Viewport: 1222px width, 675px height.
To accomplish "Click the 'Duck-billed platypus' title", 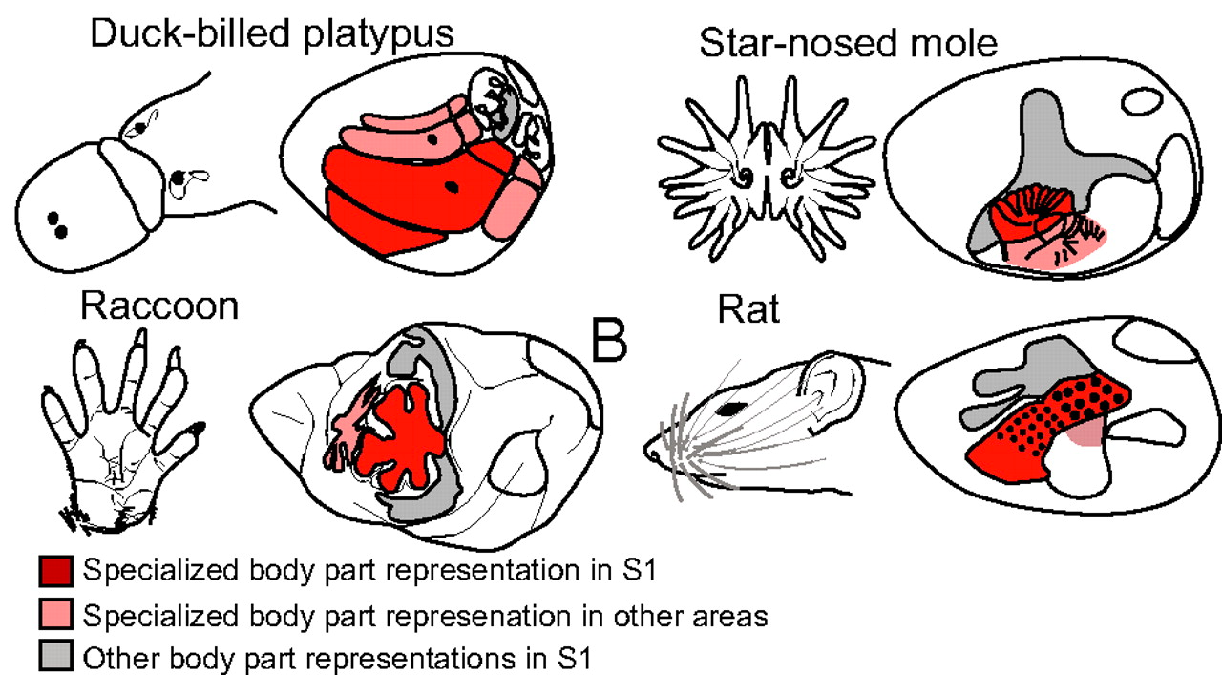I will (x=271, y=34).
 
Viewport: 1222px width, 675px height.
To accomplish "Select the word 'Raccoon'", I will (x=159, y=306).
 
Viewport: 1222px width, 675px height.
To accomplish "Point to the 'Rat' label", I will (x=749, y=310).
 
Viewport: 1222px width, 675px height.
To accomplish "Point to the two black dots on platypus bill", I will (x=59, y=225).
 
